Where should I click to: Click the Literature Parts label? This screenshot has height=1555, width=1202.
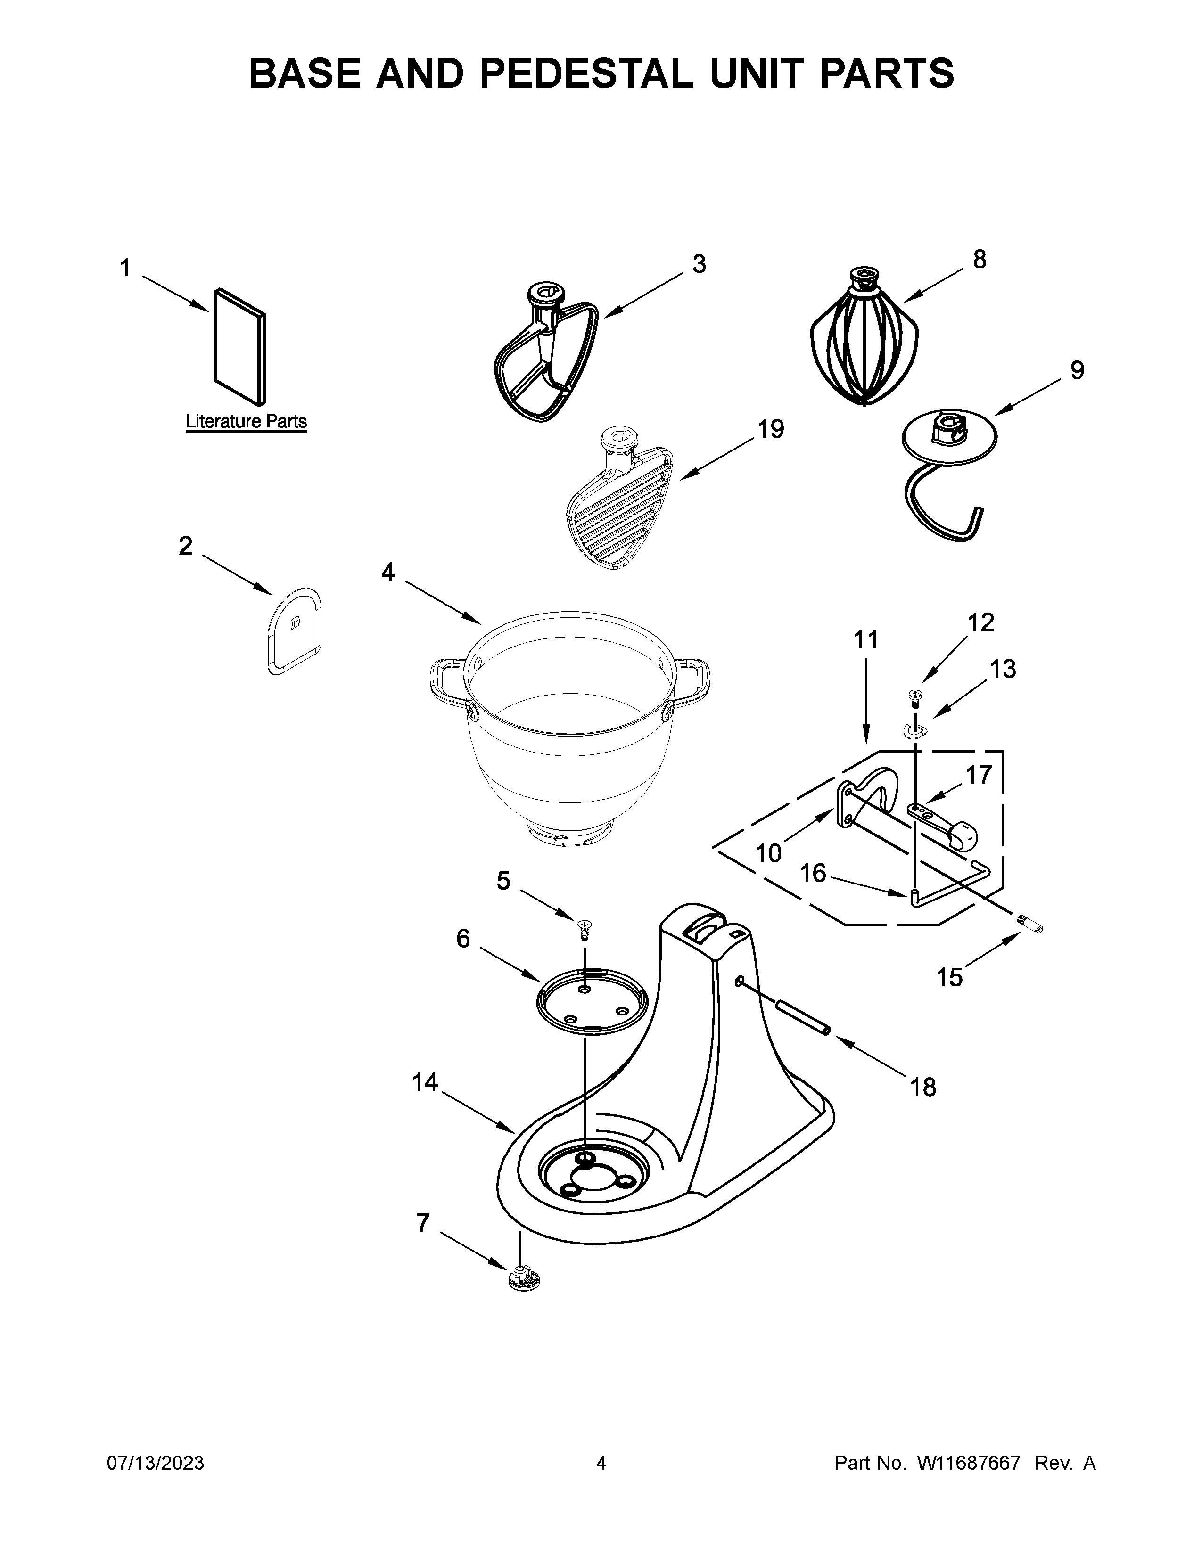click(x=247, y=422)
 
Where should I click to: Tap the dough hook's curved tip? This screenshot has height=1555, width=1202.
click(x=976, y=517)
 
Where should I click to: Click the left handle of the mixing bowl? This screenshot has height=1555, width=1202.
click(x=445, y=682)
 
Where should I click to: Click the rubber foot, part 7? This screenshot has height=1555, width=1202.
click(x=524, y=1279)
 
